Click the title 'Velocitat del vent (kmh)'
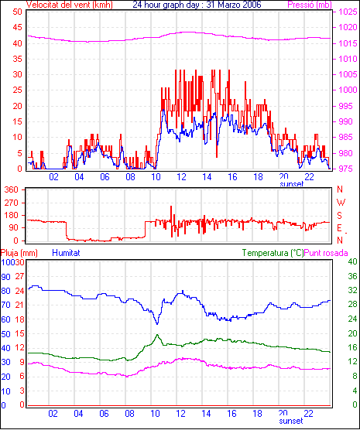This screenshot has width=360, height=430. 70,5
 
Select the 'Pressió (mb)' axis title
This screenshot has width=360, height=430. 310,5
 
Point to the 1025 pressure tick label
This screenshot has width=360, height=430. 348,12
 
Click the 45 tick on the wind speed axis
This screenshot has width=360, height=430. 17,27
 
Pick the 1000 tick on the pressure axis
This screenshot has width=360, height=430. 348,90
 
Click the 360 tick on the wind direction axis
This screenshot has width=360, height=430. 12,189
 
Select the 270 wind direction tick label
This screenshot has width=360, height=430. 12,203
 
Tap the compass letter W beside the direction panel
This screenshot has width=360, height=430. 341,203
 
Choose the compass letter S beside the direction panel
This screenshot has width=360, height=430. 340,216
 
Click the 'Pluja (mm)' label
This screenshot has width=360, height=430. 19,253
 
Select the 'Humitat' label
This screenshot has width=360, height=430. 66,253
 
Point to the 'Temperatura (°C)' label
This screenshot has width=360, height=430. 273,253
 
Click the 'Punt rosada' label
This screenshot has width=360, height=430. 326,253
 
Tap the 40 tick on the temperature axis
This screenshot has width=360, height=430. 352,261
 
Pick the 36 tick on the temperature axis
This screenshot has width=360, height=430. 352,276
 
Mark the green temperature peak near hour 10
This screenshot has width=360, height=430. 157,335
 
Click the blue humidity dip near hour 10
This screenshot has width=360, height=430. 157,324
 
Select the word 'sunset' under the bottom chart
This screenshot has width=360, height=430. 291,421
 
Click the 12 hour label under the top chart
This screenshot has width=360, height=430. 181,177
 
